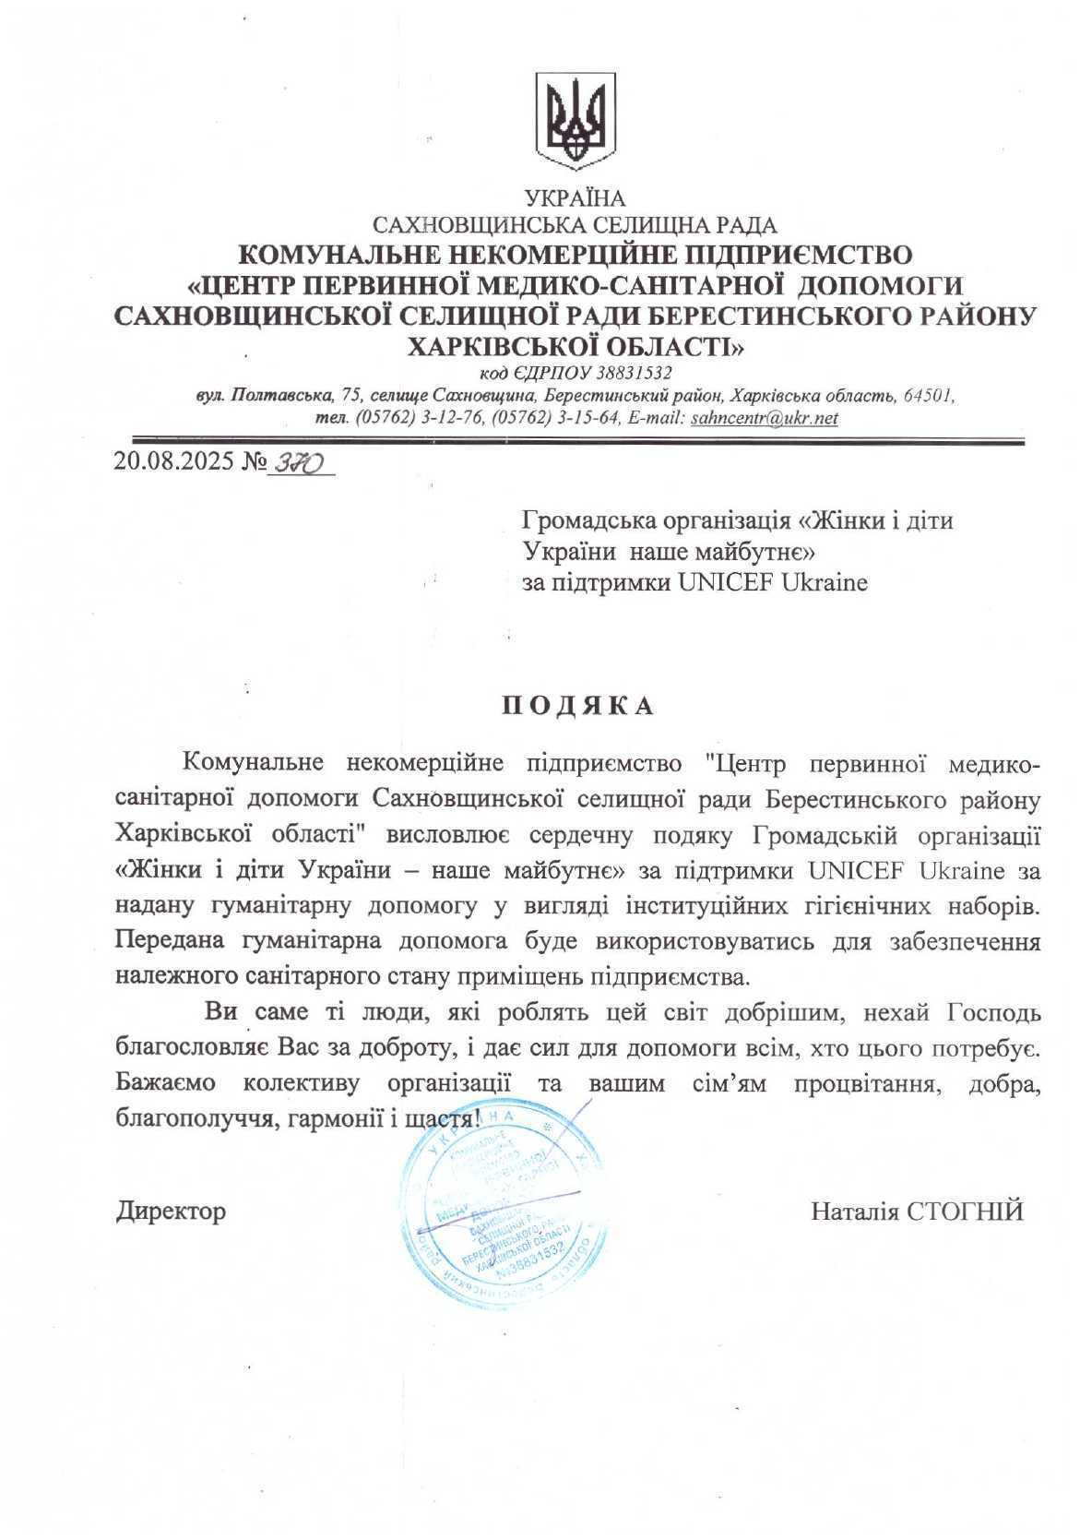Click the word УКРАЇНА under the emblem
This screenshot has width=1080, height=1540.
(x=575, y=198)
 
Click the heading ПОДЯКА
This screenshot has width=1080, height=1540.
(x=578, y=707)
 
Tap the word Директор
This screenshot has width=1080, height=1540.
(x=171, y=1211)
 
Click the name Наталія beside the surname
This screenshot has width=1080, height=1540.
(x=854, y=1211)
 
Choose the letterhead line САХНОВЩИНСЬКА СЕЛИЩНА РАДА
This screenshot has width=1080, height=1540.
(x=575, y=224)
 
